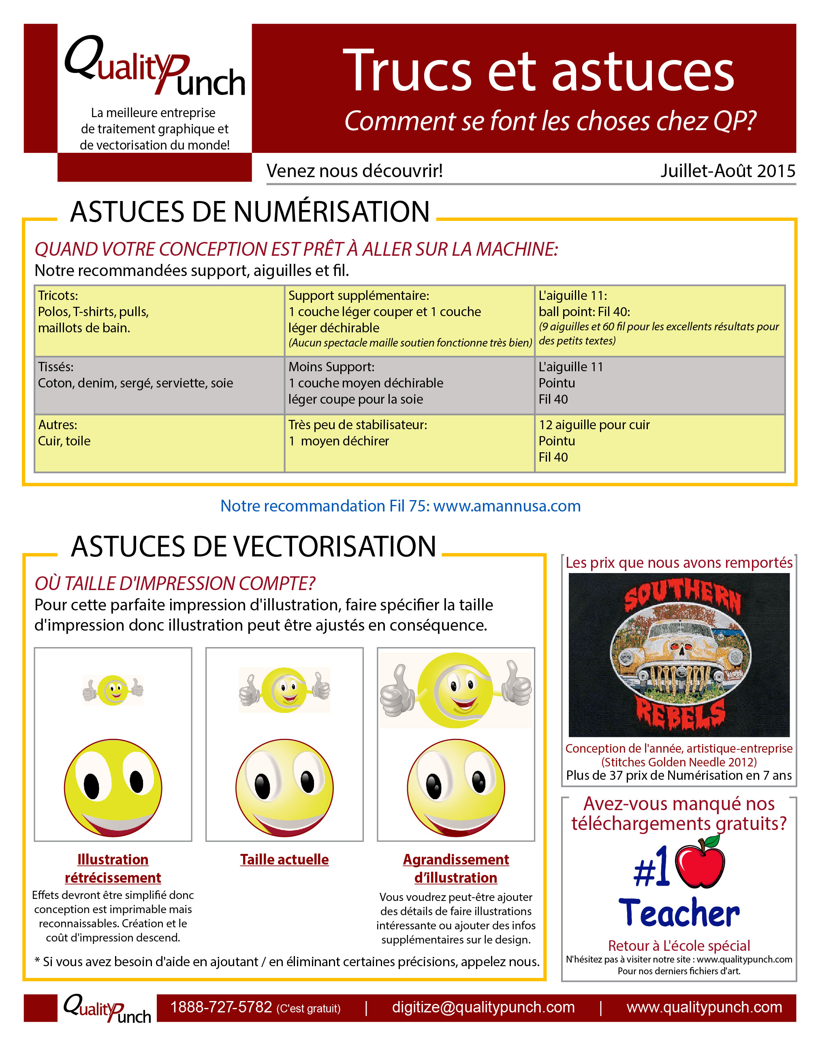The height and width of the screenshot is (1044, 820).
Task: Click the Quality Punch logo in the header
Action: tap(155, 67)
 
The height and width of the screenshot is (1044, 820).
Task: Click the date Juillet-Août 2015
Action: tap(727, 171)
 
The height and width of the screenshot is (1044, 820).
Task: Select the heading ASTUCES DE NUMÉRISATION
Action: tap(250, 212)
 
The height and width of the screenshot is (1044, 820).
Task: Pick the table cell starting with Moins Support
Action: tap(409, 385)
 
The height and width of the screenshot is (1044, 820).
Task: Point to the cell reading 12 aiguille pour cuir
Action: tap(659, 443)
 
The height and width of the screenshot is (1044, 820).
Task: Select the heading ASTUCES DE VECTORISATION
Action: tap(253, 546)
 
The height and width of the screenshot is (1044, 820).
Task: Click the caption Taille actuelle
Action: tap(284, 859)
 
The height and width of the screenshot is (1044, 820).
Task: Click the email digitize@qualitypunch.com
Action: tap(483, 1007)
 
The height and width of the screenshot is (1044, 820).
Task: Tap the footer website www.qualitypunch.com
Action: tap(704, 1007)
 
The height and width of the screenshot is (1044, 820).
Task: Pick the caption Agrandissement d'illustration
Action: tap(456, 868)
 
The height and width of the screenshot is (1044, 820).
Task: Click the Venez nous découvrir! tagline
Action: tap(354, 171)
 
